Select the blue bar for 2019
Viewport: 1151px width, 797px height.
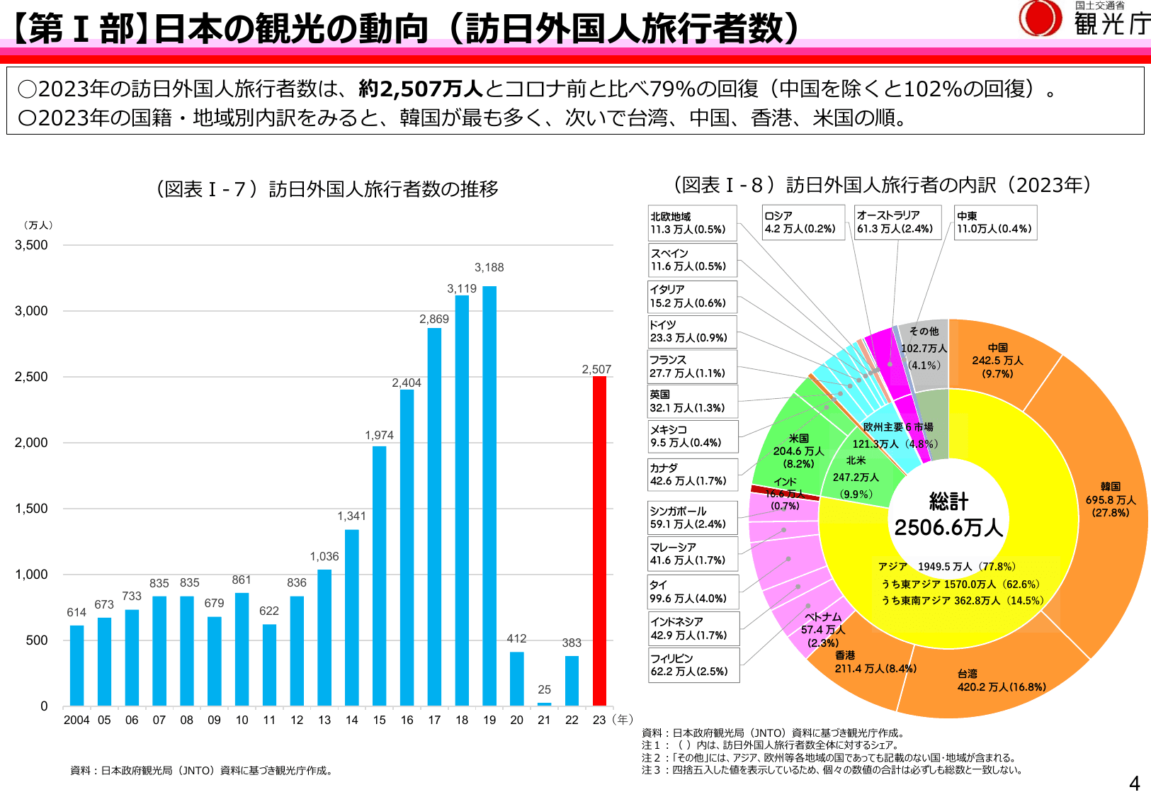coord(489,496)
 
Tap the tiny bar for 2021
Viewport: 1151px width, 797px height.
coord(544,703)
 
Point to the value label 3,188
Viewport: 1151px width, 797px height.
coord(489,267)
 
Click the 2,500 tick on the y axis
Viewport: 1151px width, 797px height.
coord(31,377)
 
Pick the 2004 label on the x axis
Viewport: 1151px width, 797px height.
coord(76,720)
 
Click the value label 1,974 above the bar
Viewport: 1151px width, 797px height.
coord(379,435)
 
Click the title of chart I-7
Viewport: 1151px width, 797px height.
coord(327,189)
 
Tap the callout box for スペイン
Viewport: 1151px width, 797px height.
coord(692,260)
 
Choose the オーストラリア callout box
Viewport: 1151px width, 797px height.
coord(897,222)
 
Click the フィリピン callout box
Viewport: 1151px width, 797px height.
coord(693,665)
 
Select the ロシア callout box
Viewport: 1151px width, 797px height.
coord(803,222)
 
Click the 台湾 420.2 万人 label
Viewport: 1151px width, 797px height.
coord(1001,681)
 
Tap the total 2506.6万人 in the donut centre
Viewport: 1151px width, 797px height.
coord(948,527)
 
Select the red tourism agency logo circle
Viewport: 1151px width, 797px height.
coord(1040,18)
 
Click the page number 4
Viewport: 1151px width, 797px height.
coord(1134,783)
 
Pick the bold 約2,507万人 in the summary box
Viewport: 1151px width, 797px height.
coord(421,89)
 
